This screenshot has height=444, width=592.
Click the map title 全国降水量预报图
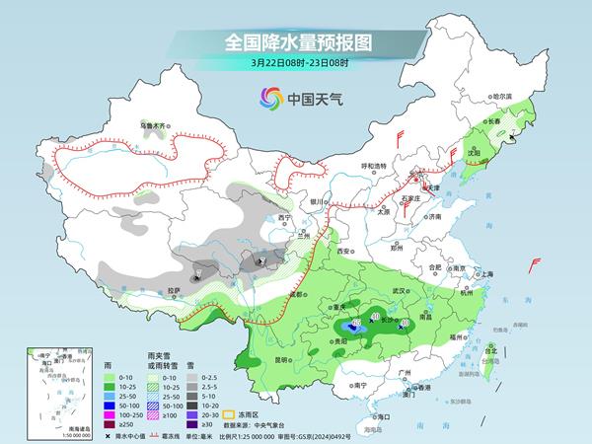[295, 42]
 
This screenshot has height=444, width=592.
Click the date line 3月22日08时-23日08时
[295, 64]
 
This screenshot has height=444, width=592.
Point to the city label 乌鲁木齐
[155, 126]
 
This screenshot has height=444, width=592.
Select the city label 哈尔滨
[503, 97]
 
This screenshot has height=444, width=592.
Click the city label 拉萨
[174, 290]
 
